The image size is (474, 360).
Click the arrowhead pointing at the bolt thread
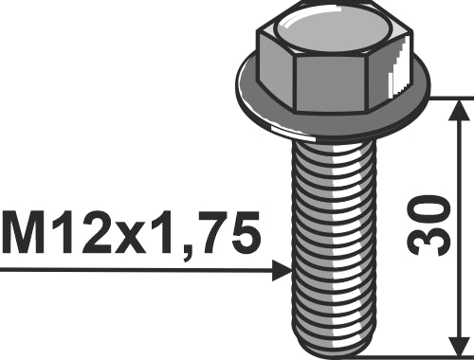tap(281, 270)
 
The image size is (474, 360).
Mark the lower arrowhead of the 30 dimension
tap(459, 337)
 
